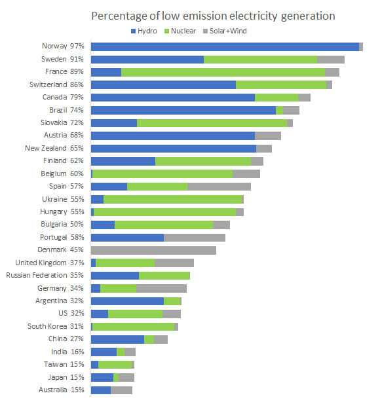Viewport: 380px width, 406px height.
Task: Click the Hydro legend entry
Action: click(144, 31)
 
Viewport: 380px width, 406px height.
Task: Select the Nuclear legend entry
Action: click(180, 31)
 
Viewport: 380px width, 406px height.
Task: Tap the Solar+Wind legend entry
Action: click(225, 31)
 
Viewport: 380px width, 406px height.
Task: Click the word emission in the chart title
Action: click(208, 16)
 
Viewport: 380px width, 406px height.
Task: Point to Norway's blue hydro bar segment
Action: click(225, 47)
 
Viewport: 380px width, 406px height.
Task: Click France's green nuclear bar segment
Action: click(223, 72)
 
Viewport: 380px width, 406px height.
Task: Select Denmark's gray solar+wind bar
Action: click(153, 250)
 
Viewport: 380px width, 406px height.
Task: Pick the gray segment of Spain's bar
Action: click(219, 187)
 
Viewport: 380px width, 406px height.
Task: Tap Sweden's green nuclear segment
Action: click(260, 60)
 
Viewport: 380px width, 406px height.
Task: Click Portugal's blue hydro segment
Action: click(128, 238)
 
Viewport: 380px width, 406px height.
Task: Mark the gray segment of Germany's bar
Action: click(161, 288)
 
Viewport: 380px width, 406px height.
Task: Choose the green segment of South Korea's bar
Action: click(134, 327)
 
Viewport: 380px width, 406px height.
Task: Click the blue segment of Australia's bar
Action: click(101, 390)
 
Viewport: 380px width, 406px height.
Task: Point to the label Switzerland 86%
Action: click(56, 84)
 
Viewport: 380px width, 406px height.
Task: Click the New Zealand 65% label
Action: click(54, 148)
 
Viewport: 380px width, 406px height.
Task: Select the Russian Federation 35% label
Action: click(45, 275)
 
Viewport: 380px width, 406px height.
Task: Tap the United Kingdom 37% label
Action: click(50, 263)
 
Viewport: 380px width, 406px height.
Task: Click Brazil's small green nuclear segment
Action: click(280, 110)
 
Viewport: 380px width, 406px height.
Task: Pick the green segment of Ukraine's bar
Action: click(172, 199)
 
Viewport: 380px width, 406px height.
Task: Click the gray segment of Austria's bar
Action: click(268, 136)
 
